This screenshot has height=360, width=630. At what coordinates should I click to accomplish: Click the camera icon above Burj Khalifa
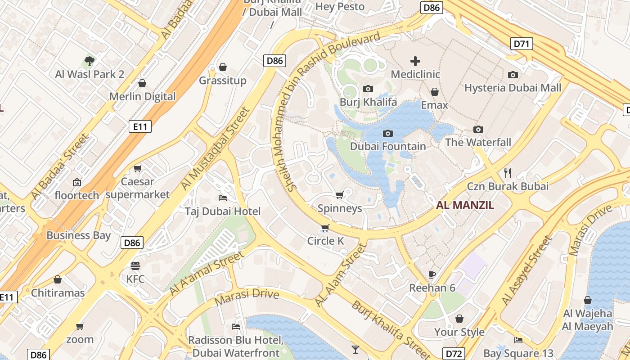pos(368,89)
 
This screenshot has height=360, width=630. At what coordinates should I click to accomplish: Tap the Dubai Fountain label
pos(387,146)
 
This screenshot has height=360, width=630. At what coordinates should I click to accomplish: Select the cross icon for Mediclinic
pos(415,61)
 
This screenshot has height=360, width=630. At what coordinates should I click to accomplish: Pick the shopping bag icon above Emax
pos(435,92)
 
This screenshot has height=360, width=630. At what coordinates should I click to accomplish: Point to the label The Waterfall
pos(478,143)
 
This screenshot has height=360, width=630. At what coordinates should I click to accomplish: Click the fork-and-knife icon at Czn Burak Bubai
pos(508,173)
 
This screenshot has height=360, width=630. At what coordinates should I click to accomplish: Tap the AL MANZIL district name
pos(465,206)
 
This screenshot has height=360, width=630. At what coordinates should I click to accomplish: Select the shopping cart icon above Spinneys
pos(340,195)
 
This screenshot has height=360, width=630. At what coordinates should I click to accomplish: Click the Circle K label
pos(325,241)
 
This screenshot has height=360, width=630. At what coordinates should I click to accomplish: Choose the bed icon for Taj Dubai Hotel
pos(223,198)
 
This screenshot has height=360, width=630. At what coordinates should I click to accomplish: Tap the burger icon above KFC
pos(135,265)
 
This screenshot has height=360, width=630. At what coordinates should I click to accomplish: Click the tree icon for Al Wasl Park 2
pos(90,61)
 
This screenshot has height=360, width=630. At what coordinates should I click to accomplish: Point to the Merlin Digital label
pos(142,97)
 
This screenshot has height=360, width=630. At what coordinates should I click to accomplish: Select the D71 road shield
pos(522,44)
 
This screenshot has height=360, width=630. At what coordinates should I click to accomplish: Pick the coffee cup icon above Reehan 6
pos(432,274)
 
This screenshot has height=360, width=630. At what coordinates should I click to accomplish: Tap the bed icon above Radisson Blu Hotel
pos(236,326)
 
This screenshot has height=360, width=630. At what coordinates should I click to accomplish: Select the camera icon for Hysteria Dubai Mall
pos(513,75)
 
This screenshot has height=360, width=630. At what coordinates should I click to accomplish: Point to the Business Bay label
pos(78,235)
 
